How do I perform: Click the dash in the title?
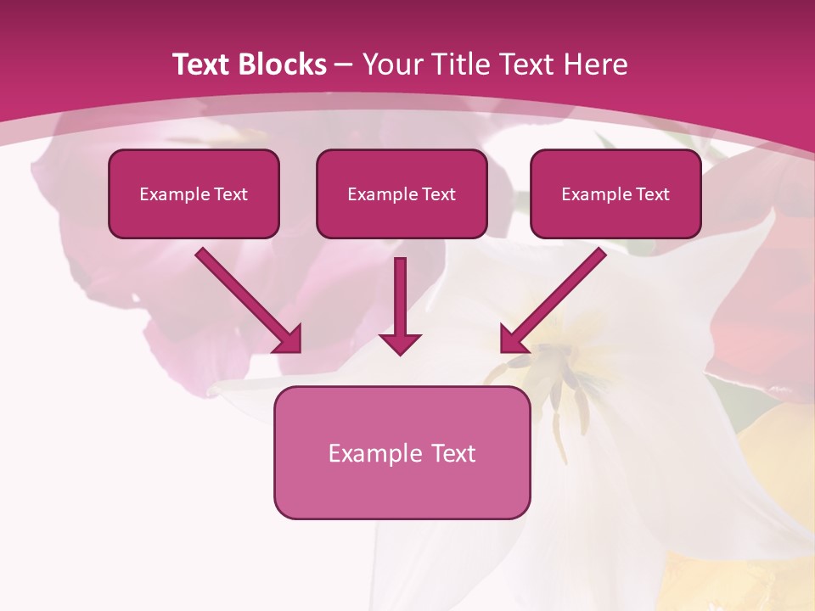(344, 64)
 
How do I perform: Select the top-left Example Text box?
(194, 193)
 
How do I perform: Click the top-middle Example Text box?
(402, 193)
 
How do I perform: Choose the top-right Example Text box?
(615, 193)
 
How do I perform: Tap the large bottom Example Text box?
(402, 452)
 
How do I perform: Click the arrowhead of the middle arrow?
(400, 343)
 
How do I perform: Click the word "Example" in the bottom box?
(371, 453)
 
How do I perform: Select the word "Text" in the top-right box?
(652, 194)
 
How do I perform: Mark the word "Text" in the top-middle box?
(438, 194)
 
